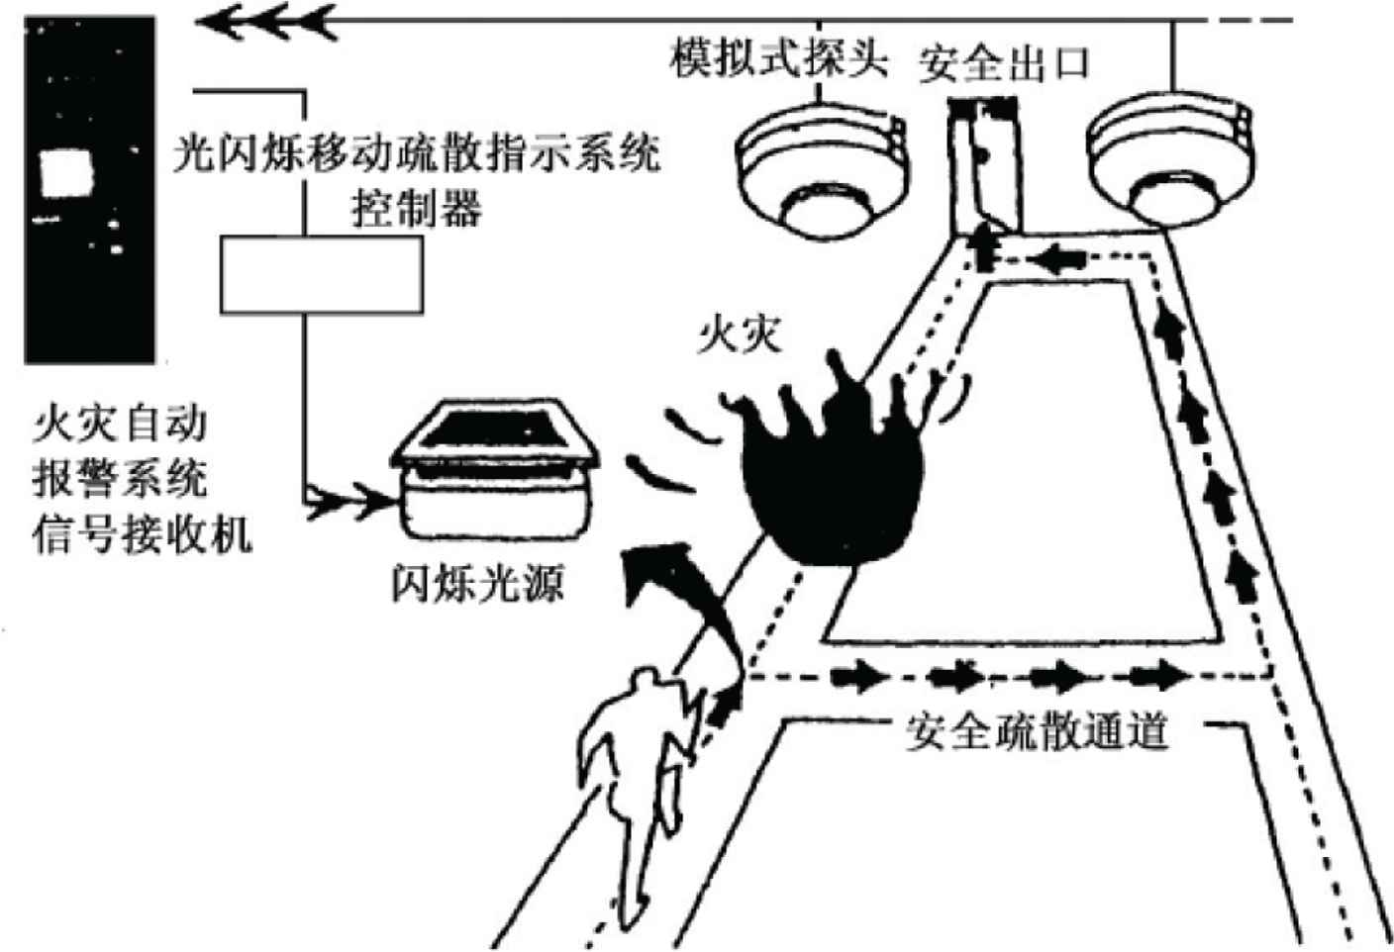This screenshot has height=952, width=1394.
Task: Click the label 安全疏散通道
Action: [1037, 733]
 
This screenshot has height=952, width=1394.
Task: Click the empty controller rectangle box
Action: [321, 275]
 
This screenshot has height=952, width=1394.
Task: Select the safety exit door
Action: [980, 162]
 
